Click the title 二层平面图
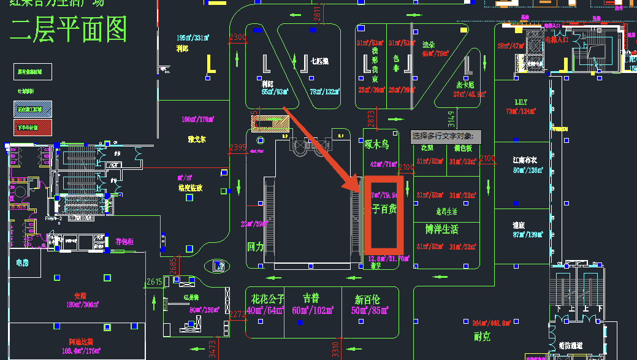[68, 29]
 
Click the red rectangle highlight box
[384, 215]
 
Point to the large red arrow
[319, 148]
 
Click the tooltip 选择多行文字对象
[446, 136]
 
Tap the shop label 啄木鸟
[377, 145]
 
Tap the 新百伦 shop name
[367, 300]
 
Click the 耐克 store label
[482, 336]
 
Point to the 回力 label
[255, 247]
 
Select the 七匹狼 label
[319, 61]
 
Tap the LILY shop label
[521, 102]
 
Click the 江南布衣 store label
[525, 160]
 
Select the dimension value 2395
[237, 148]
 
